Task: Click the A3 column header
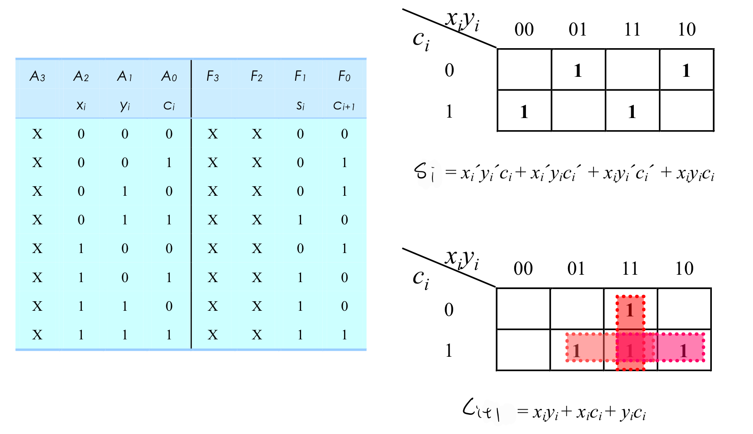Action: click(x=37, y=77)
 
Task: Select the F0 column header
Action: click(x=344, y=77)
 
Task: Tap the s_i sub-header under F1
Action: click(x=300, y=105)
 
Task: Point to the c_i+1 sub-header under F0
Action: click(x=344, y=105)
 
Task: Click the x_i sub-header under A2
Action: click(x=81, y=105)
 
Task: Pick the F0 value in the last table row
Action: click(x=344, y=335)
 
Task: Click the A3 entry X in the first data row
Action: click(x=37, y=134)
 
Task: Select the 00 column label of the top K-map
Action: click(x=524, y=30)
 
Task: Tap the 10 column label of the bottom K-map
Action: click(x=684, y=269)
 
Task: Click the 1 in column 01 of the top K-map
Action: click(x=578, y=70)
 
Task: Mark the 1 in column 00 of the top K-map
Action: click(x=524, y=112)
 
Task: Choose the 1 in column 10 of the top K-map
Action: click(x=686, y=70)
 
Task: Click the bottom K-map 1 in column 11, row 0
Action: click(x=630, y=310)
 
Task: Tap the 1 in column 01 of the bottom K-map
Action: click(x=576, y=351)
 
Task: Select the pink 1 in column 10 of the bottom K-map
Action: click(x=683, y=351)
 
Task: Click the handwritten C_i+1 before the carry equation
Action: click(x=481, y=410)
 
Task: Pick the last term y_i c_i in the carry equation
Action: click(x=633, y=412)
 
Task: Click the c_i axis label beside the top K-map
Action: click(x=421, y=41)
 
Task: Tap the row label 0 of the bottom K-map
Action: click(x=449, y=310)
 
